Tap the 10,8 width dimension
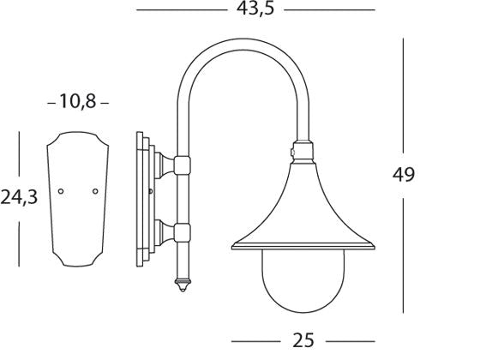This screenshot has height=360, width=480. (77, 102)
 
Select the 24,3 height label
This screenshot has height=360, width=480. (18, 199)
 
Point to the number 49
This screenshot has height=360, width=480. (403, 174)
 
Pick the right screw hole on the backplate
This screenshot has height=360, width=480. (94, 191)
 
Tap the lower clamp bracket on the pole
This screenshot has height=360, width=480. (181, 230)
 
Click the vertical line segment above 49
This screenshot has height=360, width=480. (403, 94)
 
